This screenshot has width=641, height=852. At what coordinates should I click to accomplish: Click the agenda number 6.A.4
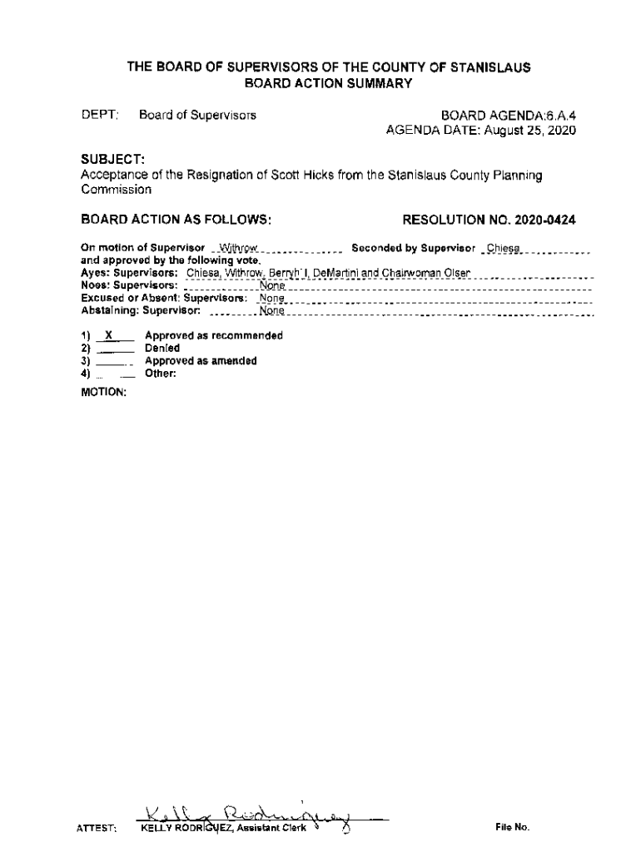[557, 115]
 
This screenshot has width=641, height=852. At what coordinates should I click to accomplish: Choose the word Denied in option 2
[161, 349]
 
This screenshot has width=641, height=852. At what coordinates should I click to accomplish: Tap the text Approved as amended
[201, 361]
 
